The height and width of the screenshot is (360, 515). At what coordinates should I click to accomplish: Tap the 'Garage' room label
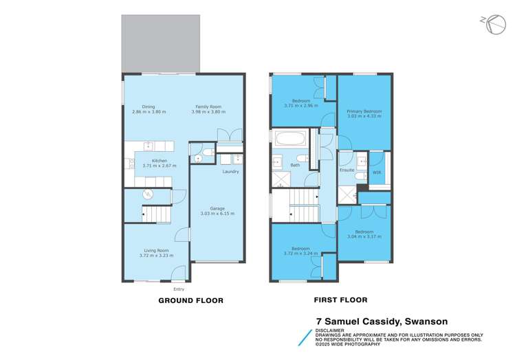pos(217,208)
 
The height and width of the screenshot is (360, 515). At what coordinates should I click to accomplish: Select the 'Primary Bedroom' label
pos(364,111)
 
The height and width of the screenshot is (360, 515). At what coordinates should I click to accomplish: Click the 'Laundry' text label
pos(230,171)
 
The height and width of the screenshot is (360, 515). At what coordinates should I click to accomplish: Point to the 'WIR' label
pos(376,172)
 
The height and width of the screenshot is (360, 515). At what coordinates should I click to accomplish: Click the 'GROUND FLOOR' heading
pos(190,300)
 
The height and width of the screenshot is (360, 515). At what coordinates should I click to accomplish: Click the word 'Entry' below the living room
pos(178,289)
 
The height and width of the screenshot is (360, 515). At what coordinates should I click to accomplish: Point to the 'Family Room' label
pos(210,106)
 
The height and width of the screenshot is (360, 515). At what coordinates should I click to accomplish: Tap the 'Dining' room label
pos(149,106)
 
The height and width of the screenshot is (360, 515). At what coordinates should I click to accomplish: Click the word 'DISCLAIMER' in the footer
pos(331,328)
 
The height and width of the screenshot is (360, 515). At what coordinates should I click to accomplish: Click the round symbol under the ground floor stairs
pos(146,194)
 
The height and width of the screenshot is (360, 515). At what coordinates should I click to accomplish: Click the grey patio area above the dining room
pos(161,42)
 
